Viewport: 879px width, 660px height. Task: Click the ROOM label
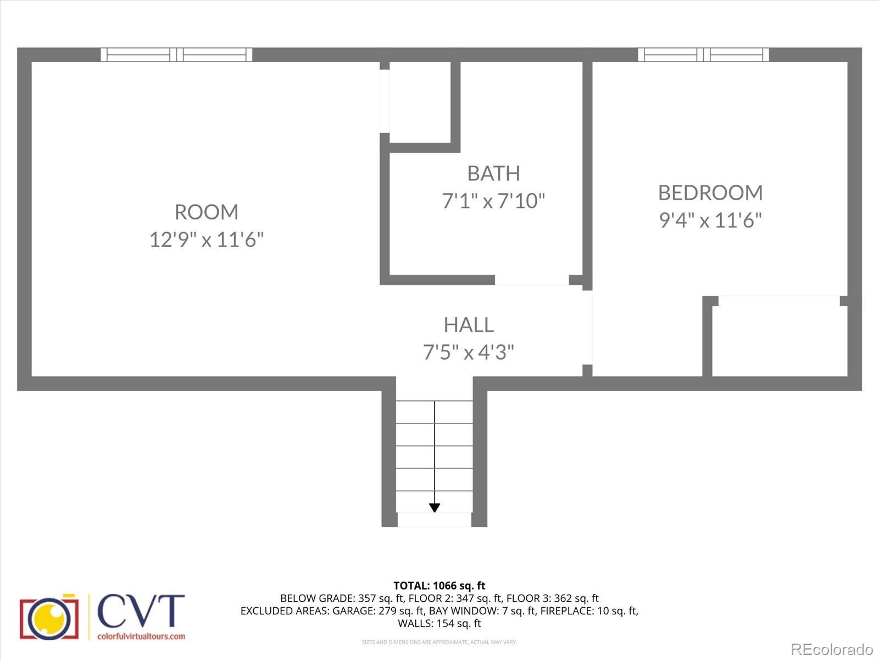pyautogui.click(x=207, y=212)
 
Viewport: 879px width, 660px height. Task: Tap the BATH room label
pyautogui.click(x=493, y=173)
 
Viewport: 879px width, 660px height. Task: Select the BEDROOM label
pyautogui.click(x=710, y=193)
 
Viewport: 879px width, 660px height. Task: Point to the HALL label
pyautogui.click(x=469, y=324)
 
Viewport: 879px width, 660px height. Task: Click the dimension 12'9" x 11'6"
pyautogui.click(x=207, y=240)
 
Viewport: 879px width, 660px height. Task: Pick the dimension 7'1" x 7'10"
pyautogui.click(x=493, y=201)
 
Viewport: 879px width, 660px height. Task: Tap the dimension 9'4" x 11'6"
pyautogui.click(x=710, y=221)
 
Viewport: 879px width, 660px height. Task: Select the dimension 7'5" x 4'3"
pyautogui.click(x=469, y=352)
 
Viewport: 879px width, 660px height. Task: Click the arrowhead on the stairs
pyautogui.click(x=435, y=508)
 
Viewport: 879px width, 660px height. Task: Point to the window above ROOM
pyautogui.click(x=176, y=54)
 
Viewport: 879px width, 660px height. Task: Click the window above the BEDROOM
pyautogui.click(x=703, y=54)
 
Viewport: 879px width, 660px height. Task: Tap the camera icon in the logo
pyautogui.click(x=49, y=617)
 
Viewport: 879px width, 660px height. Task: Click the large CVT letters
pyautogui.click(x=141, y=612)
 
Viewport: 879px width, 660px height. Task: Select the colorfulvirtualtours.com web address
pyautogui.click(x=141, y=636)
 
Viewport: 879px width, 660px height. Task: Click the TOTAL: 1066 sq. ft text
pyautogui.click(x=439, y=586)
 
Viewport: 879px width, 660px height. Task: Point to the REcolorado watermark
pyautogui.click(x=832, y=650)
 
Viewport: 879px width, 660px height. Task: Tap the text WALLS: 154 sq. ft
pyautogui.click(x=439, y=623)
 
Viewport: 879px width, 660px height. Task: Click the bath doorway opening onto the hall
pyautogui.click(x=531, y=280)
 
